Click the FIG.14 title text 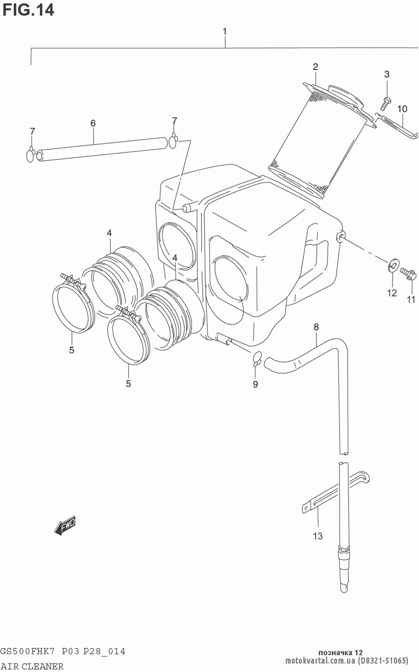click(28, 10)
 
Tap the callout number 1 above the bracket click(225, 31)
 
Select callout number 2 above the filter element click(316, 67)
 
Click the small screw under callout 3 click(385, 104)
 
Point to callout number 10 click(402, 109)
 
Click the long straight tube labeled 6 click(101, 149)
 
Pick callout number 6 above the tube click(93, 123)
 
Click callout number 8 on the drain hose click(316, 327)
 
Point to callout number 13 click(318, 536)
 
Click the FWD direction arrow click(65, 525)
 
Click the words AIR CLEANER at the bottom click(32, 666)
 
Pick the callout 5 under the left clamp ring click(72, 350)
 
